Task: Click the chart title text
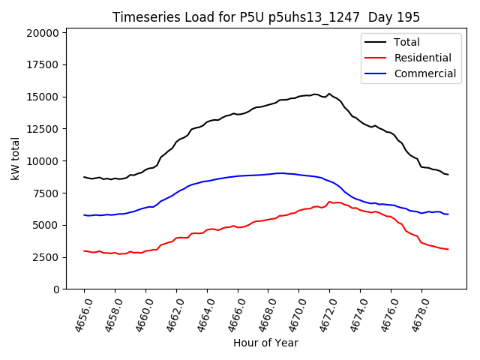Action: [266, 17]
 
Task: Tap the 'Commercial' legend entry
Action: [424, 73]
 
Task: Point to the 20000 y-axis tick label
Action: [41, 33]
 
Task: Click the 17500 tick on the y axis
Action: [41, 65]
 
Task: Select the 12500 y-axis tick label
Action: [41, 129]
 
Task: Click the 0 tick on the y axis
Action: [57, 289]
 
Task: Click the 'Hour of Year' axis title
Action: [265, 343]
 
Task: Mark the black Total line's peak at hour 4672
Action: [329, 94]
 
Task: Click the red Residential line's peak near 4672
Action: [329, 201]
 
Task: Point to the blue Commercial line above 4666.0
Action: [238, 176]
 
